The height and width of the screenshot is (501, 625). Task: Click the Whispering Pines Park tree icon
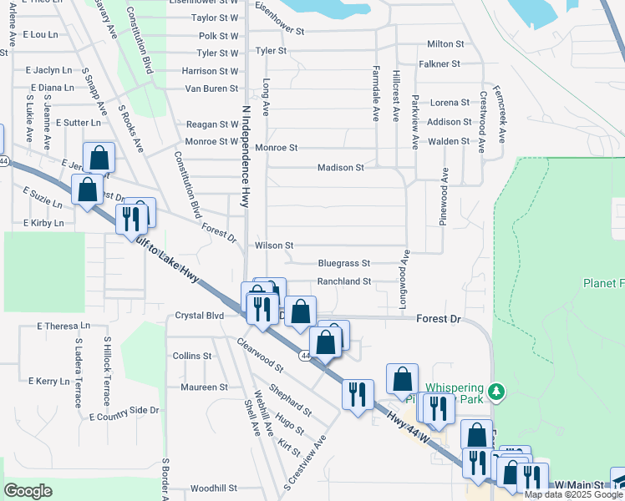(497, 390)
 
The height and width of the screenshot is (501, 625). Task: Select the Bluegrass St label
(343, 263)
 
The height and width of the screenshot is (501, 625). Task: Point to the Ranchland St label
(343, 282)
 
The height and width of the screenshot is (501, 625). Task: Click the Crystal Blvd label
(200, 316)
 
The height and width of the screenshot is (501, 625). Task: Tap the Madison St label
(340, 168)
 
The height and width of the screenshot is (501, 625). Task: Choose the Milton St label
(445, 43)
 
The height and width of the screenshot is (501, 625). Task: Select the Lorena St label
(450, 103)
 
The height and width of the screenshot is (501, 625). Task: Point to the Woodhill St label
(214, 488)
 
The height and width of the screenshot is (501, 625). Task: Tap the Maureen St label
(205, 387)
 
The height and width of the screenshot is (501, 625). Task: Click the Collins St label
(192, 356)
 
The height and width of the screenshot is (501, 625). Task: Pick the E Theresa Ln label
(64, 326)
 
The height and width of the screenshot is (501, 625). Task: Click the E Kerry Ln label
(48, 381)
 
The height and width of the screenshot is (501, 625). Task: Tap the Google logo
(28, 491)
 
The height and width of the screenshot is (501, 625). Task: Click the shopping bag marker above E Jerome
(99, 158)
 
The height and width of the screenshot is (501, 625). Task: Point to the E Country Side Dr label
(124, 413)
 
